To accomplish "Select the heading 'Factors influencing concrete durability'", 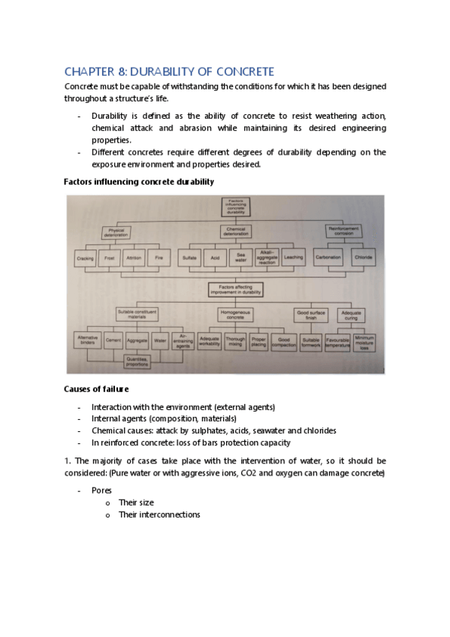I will (x=139, y=182).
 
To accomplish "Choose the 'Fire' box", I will (x=158, y=258).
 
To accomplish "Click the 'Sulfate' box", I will (x=189, y=258).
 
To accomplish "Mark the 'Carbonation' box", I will (x=329, y=258).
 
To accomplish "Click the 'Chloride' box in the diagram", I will (x=364, y=258).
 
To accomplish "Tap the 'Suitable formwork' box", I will (x=310, y=342).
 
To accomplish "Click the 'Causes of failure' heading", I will (x=96, y=389).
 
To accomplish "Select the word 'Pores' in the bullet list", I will (x=102, y=490).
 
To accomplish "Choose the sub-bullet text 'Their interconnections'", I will (x=159, y=515).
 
